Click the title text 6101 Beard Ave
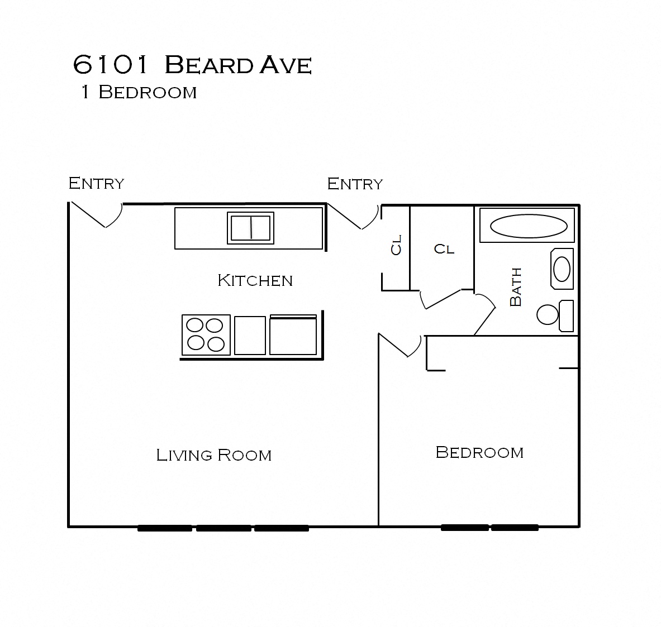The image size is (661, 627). tap(192, 65)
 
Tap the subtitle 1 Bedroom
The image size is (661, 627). tap(139, 92)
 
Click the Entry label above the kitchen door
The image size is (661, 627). tap(96, 183)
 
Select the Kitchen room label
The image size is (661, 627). tap(255, 280)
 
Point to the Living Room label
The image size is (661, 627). tap(213, 455)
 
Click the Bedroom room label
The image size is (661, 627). tap(479, 452)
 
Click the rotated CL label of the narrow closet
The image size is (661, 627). tap(396, 245)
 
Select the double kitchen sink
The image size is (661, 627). tap(251, 228)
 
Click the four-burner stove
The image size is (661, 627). tap(206, 334)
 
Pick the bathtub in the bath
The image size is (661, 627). tap(527, 226)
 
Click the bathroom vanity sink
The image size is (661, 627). tap(562, 269)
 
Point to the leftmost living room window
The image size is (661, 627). tap(165, 528)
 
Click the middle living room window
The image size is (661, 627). tap(223, 528)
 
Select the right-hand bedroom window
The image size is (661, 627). tap(515, 527)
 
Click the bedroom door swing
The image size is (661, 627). tap(401, 346)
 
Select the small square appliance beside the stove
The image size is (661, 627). tap(250, 335)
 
